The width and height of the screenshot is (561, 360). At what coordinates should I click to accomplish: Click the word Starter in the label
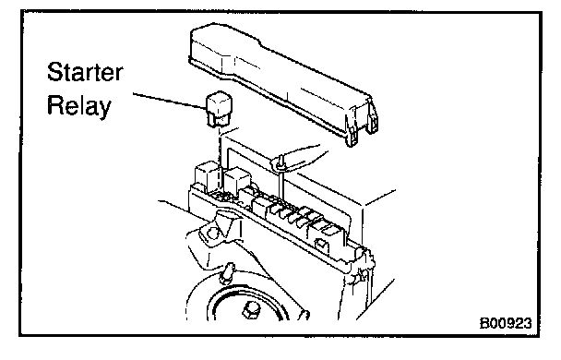(x=85, y=72)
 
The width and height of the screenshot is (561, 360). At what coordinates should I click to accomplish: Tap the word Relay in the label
(x=79, y=106)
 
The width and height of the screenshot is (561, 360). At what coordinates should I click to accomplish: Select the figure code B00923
(x=506, y=323)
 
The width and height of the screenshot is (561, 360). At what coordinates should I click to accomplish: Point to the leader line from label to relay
(x=169, y=101)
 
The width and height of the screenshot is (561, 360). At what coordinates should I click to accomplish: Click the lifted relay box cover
(x=282, y=83)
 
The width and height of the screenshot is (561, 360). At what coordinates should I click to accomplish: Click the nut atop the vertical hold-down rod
(x=281, y=162)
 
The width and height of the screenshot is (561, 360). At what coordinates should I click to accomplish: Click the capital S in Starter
(x=54, y=72)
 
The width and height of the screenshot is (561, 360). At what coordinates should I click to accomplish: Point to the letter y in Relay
(x=104, y=109)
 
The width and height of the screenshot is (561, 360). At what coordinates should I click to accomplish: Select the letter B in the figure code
(x=483, y=323)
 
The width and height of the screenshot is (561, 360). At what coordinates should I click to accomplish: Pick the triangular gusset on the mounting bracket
(x=225, y=224)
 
